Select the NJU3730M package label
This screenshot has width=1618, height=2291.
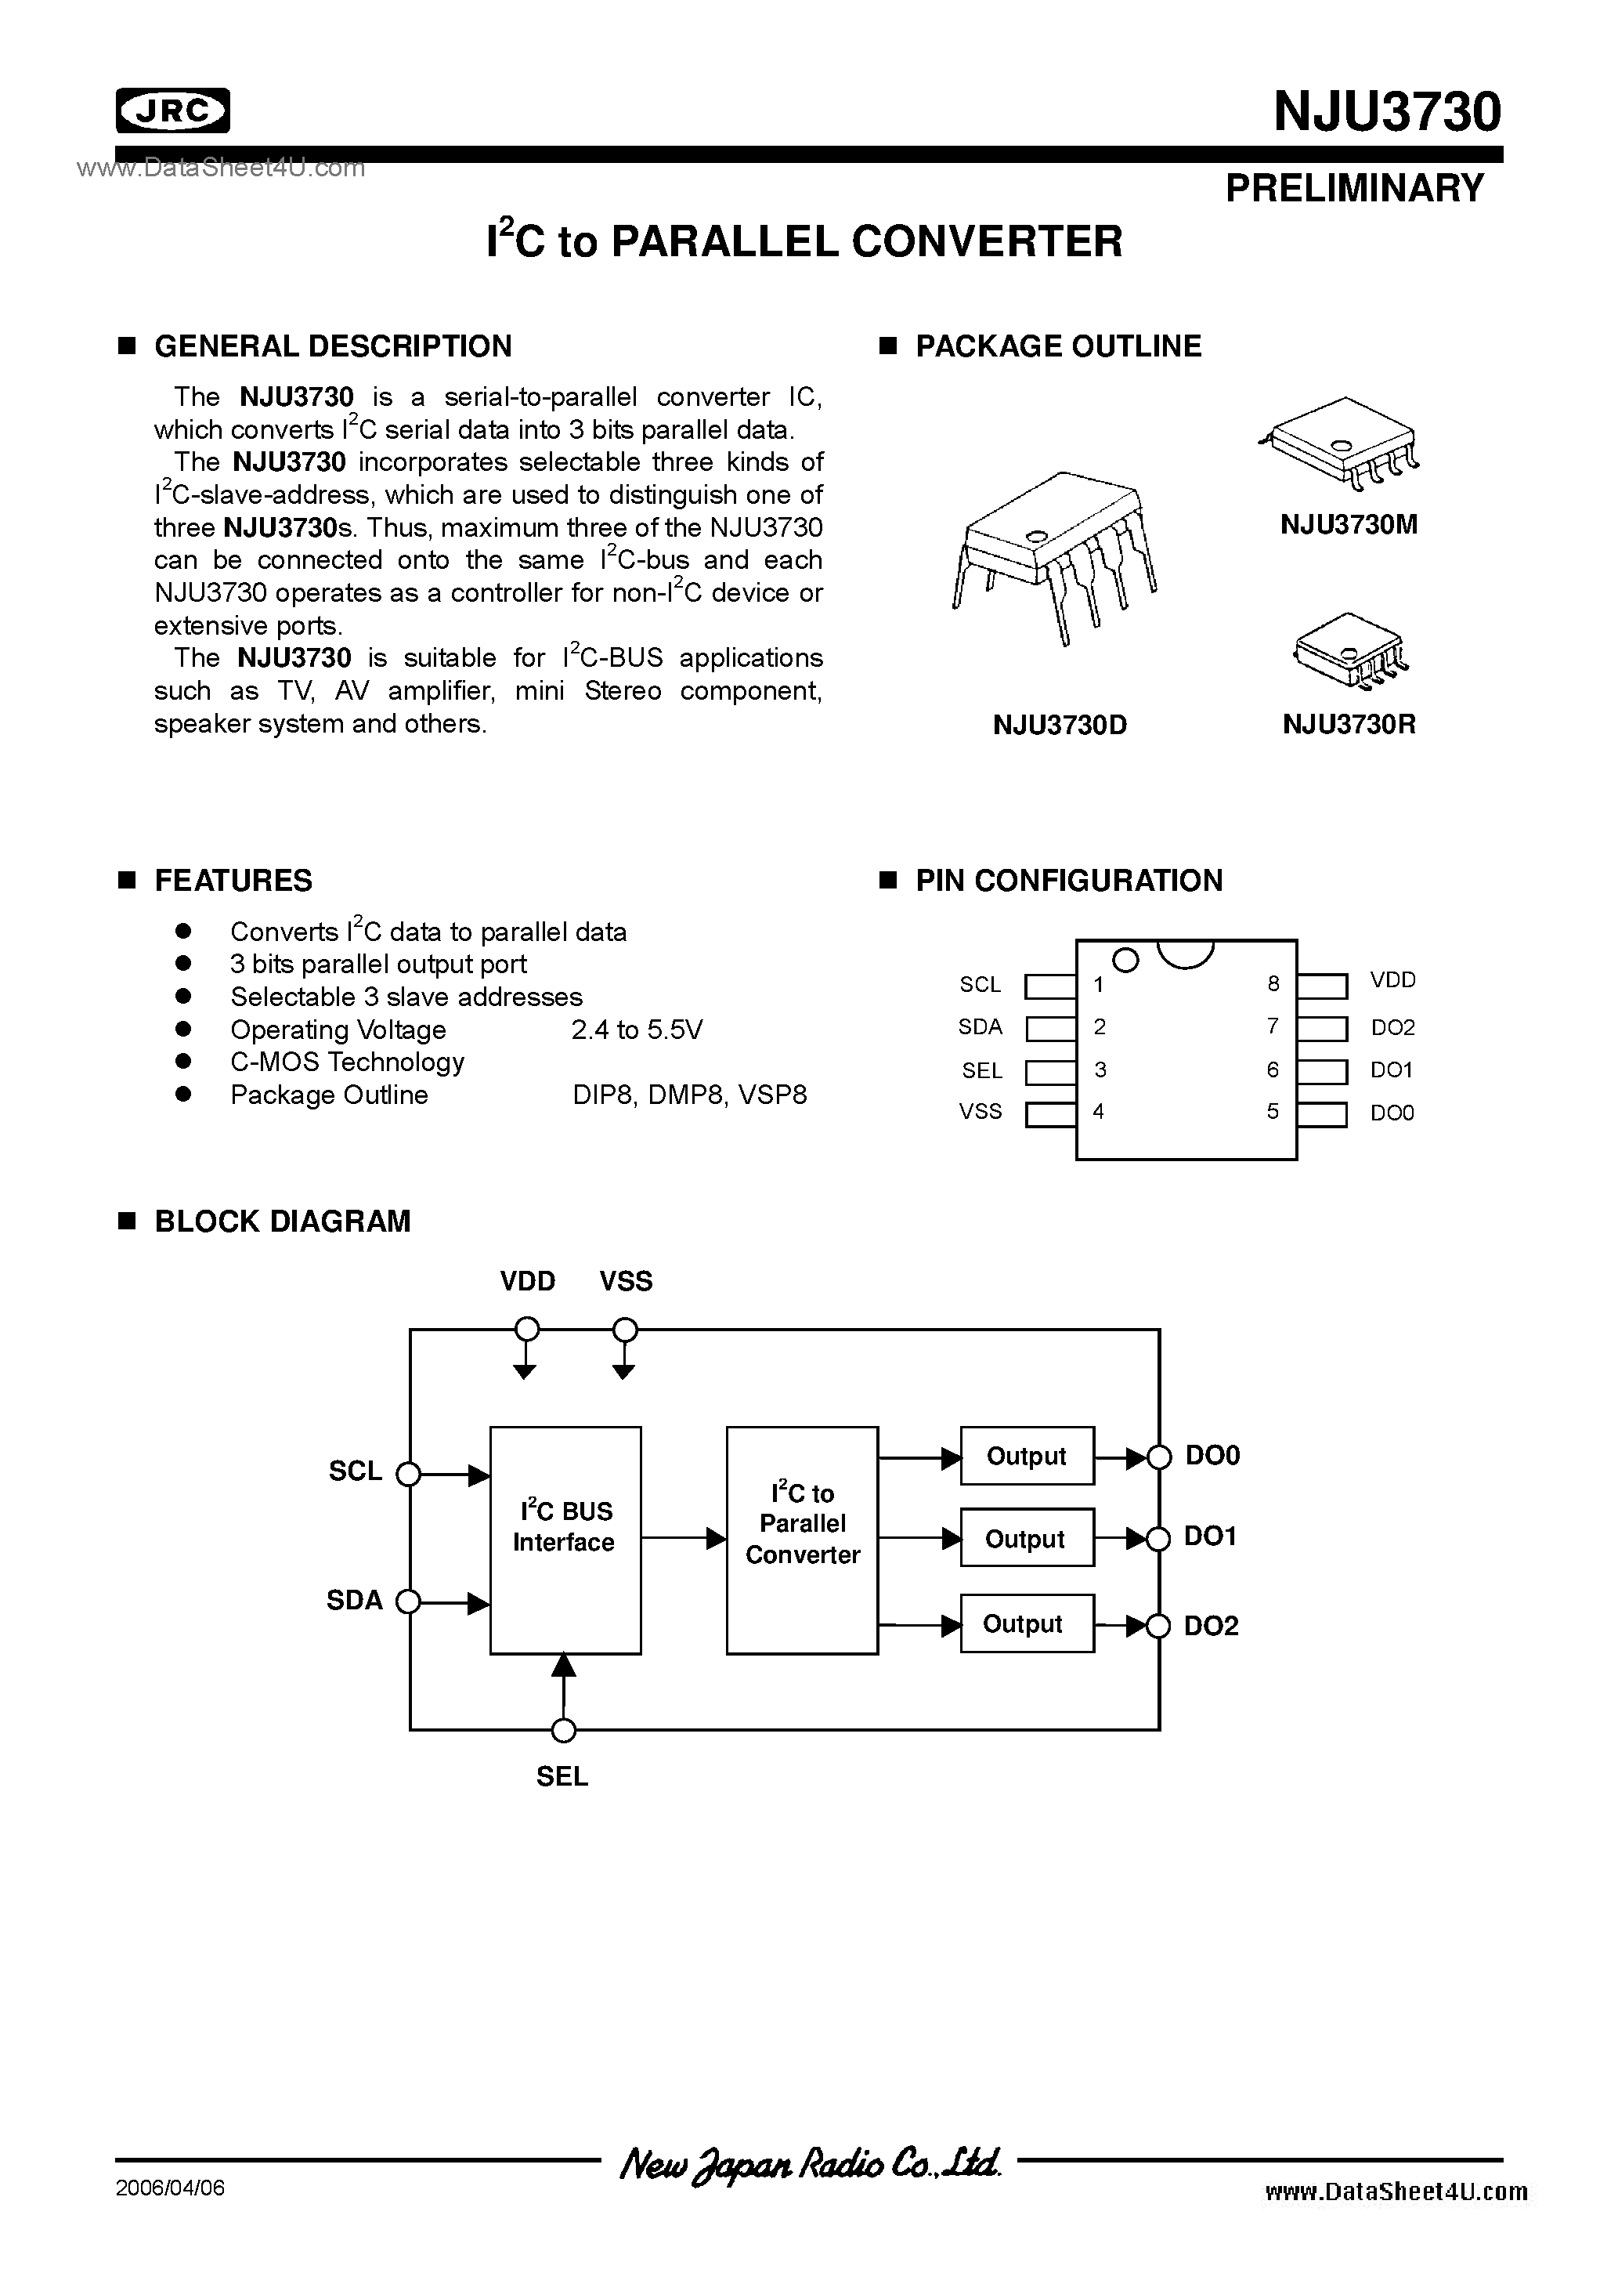(x=1349, y=525)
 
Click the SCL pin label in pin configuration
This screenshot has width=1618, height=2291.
(x=980, y=985)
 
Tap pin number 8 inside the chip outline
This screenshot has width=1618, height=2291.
(x=1273, y=984)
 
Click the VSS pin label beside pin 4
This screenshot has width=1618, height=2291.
(x=981, y=1112)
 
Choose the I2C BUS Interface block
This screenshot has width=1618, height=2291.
(x=565, y=1540)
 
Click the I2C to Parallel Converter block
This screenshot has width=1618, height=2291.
(x=802, y=1540)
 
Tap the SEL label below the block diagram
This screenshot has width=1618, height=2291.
(x=562, y=1777)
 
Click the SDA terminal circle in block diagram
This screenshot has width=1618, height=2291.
(x=408, y=1602)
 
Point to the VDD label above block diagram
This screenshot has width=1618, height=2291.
(x=528, y=1281)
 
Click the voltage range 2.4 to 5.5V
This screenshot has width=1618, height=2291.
(x=637, y=1030)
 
